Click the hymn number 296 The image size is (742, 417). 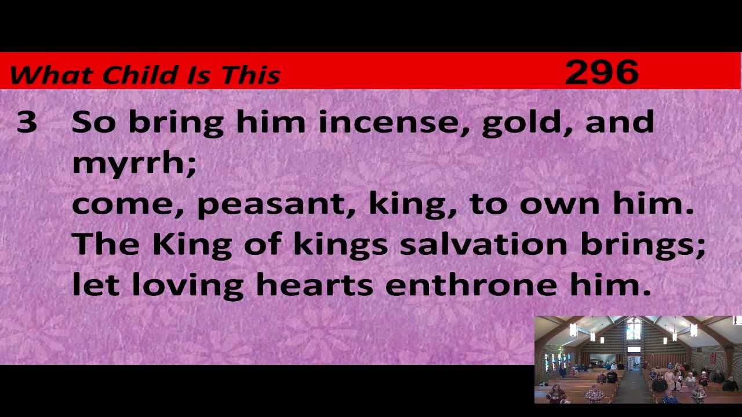tap(601, 72)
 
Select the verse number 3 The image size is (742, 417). tap(27, 123)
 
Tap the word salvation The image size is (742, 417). tap(483, 244)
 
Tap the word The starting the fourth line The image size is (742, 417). tap(106, 244)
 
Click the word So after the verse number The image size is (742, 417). tap(93, 122)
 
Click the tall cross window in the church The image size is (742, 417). tap(633, 329)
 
